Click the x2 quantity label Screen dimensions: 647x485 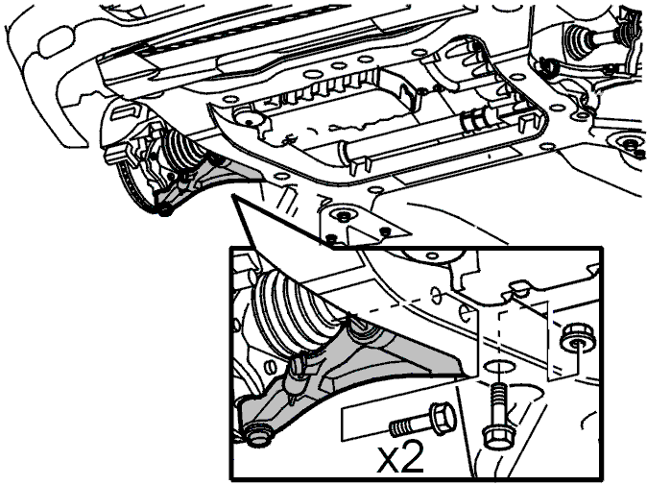click(x=399, y=459)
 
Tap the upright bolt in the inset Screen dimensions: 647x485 click(x=496, y=416)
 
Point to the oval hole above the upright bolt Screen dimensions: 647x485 click(x=498, y=366)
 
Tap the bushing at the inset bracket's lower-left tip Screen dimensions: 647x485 click(x=259, y=437)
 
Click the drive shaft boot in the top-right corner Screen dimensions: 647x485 click(x=579, y=38)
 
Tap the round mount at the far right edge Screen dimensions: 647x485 click(x=629, y=144)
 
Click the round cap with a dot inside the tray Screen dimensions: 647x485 click(x=249, y=120)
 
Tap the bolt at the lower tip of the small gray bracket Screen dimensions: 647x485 click(x=165, y=211)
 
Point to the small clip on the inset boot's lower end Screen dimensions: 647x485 click(x=298, y=365)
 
